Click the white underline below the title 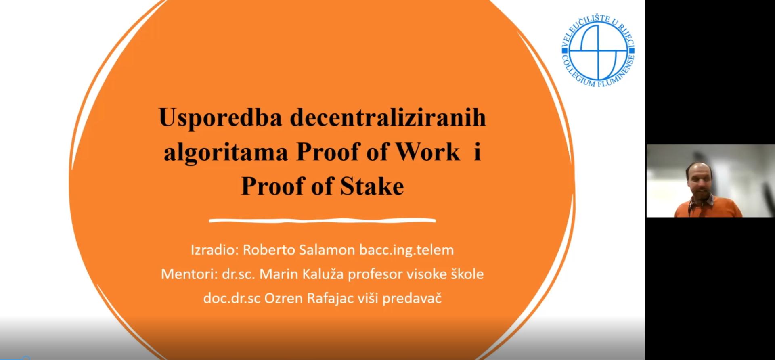coord(323,220)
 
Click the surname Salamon coord(327,250)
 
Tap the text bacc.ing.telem coord(406,250)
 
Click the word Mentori coord(189,274)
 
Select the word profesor coord(375,274)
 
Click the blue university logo coord(598,50)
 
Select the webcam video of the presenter coord(710,181)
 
